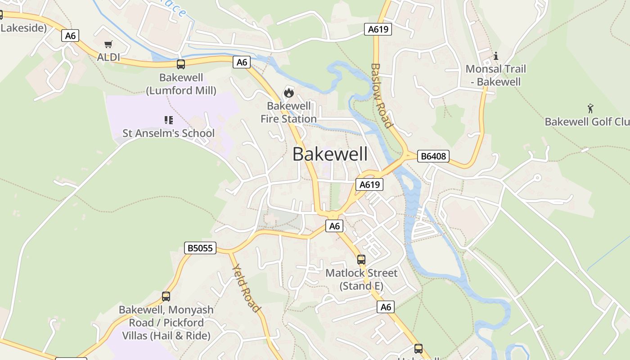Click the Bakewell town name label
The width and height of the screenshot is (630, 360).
tap(330, 154)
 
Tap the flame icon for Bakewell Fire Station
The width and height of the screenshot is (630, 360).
tap(288, 93)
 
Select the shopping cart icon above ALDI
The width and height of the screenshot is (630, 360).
tap(108, 44)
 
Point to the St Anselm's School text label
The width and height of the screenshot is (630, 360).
tap(169, 133)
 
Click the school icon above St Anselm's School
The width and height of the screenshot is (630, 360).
tap(169, 120)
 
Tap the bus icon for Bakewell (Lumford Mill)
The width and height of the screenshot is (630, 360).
tap(181, 64)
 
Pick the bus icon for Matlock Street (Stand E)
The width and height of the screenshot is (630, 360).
tap(361, 260)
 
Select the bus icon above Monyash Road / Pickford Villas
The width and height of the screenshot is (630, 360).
tap(166, 297)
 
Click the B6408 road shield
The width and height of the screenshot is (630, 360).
tap(433, 156)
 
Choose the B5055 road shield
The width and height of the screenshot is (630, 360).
tap(200, 248)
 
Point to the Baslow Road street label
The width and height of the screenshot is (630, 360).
tap(381, 95)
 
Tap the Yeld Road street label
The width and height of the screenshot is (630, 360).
tap(246, 288)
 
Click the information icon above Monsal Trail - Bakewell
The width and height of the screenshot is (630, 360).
tap(496, 56)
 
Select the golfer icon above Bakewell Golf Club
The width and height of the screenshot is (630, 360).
tap(590, 108)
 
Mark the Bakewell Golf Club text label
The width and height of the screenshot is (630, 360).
tap(587, 122)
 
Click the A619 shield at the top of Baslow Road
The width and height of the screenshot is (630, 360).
tap(378, 29)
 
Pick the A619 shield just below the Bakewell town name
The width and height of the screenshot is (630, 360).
tap(369, 184)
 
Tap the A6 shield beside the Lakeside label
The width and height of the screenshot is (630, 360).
tap(70, 36)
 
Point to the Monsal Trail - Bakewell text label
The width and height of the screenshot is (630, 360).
tap(496, 76)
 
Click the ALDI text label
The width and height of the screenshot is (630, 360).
tap(108, 57)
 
